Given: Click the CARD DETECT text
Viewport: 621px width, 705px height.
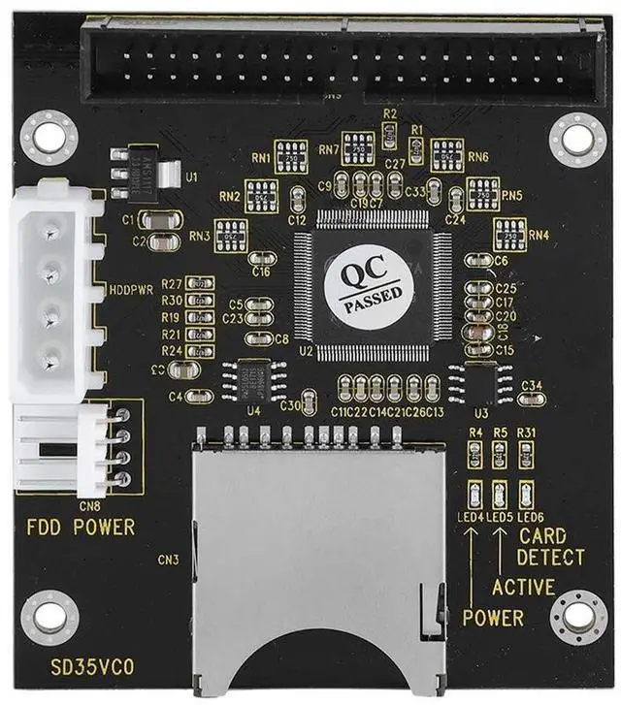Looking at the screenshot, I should [550, 548].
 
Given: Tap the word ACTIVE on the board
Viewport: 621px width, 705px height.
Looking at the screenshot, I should [523, 587].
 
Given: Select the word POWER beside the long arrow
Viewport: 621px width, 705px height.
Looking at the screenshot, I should [492, 618].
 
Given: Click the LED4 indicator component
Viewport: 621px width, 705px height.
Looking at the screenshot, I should [475, 490].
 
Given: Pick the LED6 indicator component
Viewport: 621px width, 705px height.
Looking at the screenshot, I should [526, 490].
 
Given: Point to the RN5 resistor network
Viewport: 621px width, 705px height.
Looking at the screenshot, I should [482, 191].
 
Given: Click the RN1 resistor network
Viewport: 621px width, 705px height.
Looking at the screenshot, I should [291, 157].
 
